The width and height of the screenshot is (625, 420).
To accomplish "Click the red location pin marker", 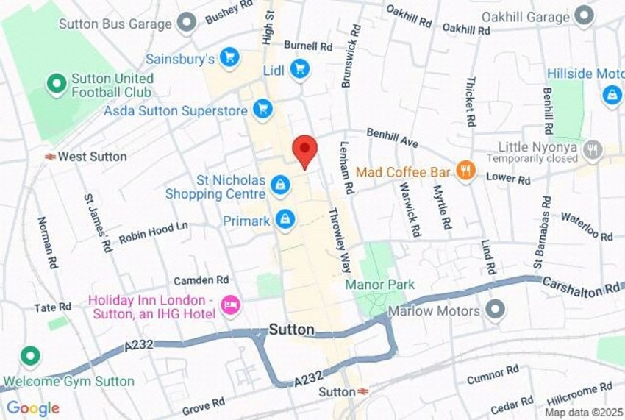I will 304,150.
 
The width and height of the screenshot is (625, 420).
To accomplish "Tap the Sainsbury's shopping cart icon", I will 229,57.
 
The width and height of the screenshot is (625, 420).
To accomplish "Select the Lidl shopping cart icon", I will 299,70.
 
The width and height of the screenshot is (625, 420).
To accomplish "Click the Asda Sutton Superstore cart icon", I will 262,110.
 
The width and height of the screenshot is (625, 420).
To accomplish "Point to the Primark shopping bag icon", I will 285,219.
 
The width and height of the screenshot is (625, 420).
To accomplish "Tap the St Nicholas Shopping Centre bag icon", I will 279,185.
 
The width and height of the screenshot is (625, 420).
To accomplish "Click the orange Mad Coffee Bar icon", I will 465,171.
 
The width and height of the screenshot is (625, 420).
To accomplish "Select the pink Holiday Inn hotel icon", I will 231,305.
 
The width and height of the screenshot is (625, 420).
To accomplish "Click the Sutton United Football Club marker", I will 56,85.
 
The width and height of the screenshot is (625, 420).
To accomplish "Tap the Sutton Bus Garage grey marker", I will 187,22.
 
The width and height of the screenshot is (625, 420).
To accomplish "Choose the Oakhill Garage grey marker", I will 585,15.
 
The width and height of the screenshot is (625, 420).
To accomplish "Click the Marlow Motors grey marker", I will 496,310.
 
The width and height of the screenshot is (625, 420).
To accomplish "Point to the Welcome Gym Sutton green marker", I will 29,357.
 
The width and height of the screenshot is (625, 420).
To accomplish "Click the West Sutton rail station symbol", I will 50,157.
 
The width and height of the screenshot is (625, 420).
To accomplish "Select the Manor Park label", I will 380,285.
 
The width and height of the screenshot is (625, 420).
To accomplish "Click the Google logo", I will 32,408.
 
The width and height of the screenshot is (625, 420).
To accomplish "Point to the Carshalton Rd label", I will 580,287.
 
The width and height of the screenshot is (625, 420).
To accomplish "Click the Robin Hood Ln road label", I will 154,231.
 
